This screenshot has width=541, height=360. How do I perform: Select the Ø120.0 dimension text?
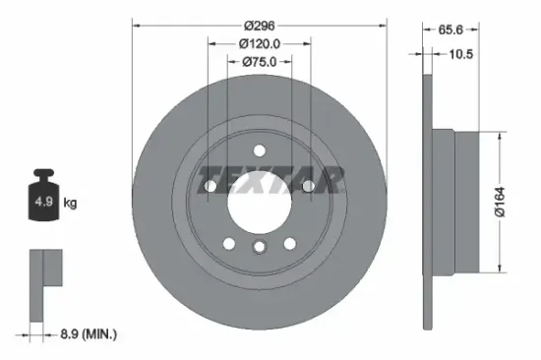pyautogui.click(x=260, y=44)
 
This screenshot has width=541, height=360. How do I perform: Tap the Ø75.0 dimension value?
pyautogui.click(x=260, y=62)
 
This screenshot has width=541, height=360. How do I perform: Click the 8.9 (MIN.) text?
pyautogui.click(x=86, y=335)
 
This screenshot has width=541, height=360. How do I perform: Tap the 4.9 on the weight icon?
pyautogui.click(x=44, y=202)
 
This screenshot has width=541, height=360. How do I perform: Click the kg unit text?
pyautogui.click(x=70, y=203)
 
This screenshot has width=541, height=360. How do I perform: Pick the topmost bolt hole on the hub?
pyautogui.click(x=259, y=150)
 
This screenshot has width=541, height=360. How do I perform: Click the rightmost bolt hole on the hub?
pyautogui.click(x=308, y=187)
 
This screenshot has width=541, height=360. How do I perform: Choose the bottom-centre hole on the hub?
pyautogui.click(x=259, y=248)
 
